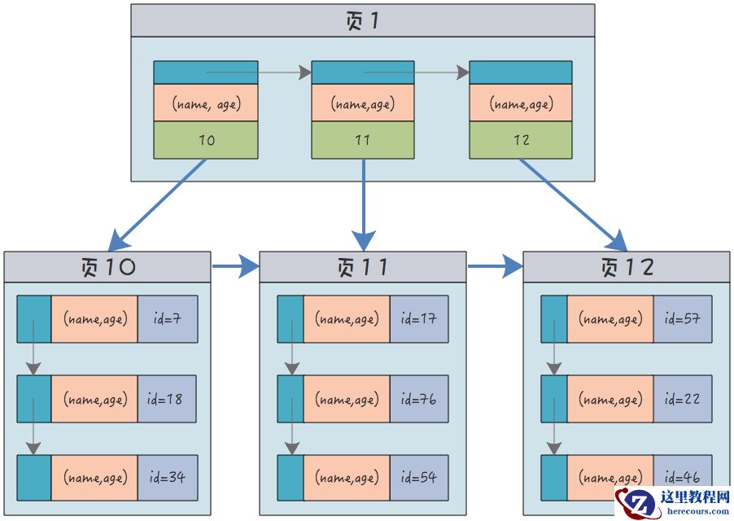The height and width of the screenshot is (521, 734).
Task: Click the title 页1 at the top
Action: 362,20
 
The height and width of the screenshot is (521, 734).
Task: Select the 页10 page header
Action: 107,267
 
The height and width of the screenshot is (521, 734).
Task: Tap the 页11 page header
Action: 363,267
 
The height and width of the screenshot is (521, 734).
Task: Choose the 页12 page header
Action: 626,267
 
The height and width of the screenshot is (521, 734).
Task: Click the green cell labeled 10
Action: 206,140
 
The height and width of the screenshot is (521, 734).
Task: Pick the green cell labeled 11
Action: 363,140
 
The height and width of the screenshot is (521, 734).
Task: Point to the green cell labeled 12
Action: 520,140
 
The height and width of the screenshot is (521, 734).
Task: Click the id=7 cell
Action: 168,319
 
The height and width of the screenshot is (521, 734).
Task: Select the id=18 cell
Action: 168,399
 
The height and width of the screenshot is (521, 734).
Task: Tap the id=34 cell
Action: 168,478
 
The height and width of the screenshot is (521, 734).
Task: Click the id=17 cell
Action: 419,319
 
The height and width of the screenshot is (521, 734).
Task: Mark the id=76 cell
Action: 419,399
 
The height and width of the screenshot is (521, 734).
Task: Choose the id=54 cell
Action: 419,478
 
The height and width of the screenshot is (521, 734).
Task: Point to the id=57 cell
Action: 682,319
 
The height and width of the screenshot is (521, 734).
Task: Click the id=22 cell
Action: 682,399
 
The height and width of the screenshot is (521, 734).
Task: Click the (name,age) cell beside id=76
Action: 346,399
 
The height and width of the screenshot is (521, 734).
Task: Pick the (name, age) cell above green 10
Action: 206,103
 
